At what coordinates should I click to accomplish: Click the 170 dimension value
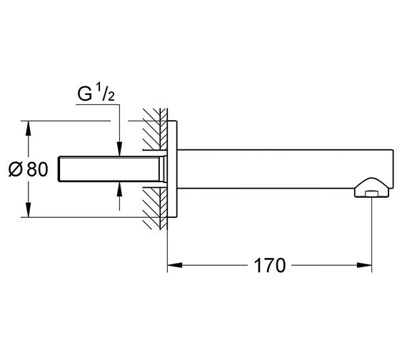(270, 265)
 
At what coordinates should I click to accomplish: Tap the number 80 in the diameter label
(37, 169)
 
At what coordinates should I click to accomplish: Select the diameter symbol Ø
(16, 169)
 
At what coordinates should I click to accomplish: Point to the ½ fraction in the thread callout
(106, 91)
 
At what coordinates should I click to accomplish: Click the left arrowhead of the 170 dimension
(175, 265)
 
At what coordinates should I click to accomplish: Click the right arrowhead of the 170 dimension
(364, 265)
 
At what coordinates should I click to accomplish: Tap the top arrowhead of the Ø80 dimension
(29, 129)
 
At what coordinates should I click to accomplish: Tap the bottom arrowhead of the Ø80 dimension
(29, 209)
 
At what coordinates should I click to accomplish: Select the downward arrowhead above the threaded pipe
(119, 149)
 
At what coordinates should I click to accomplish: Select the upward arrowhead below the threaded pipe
(119, 189)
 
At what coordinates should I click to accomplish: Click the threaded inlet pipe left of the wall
(109, 169)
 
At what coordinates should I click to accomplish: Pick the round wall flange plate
(172, 169)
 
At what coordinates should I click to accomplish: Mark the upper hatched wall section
(155, 129)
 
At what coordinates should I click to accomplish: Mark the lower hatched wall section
(155, 209)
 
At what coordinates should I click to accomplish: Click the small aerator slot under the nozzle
(371, 194)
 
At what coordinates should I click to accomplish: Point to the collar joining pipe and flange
(164, 169)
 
